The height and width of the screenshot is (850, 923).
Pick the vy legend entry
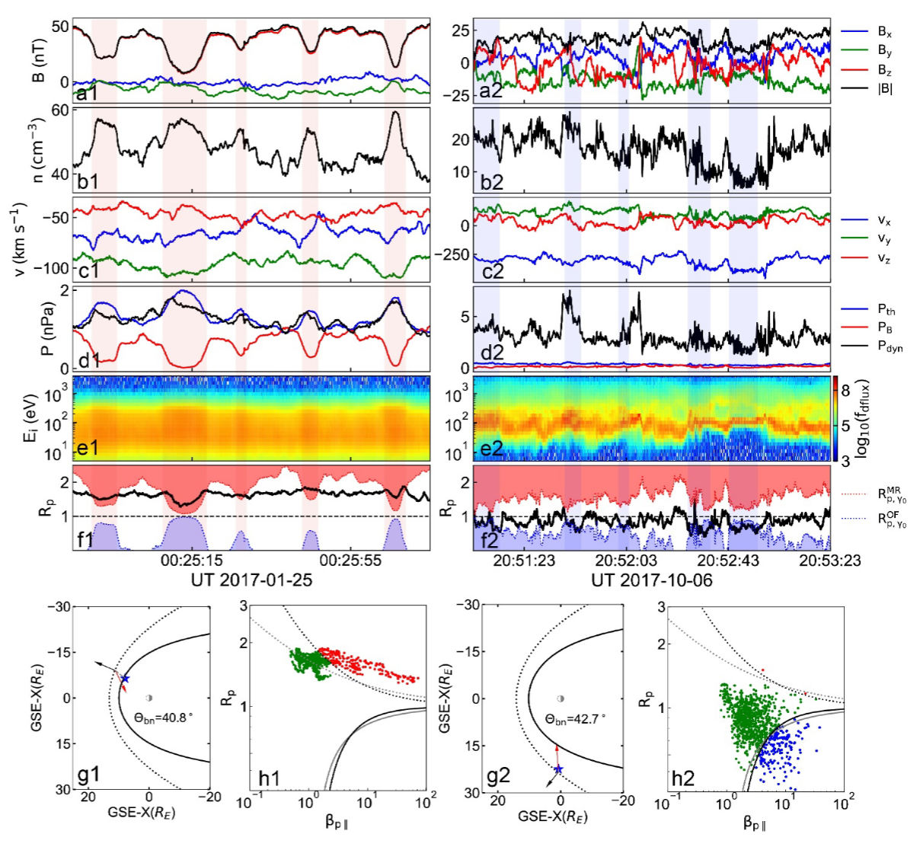(x=884, y=239)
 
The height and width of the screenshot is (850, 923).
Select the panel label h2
(x=680, y=778)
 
